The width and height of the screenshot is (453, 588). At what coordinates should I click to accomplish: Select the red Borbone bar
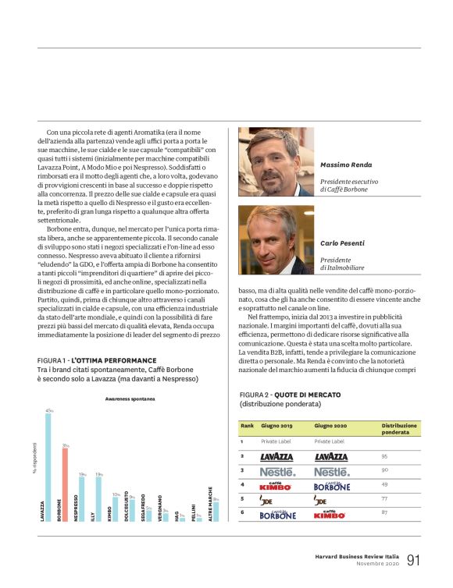coord(66,484)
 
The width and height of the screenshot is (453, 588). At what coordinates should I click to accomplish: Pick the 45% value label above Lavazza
coord(48,410)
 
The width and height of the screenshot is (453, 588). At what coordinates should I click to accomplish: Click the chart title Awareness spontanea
coord(130,398)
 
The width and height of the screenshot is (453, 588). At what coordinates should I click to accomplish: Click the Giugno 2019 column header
coord(276,427)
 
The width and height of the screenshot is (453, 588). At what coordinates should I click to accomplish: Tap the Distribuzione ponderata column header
coord(399,429)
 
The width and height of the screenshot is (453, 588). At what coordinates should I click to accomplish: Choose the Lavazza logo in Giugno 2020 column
coord(331,457)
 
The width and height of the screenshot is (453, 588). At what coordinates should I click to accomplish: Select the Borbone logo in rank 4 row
coord(331,486)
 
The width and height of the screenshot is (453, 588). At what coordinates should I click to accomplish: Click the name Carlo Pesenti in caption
coord(341,244)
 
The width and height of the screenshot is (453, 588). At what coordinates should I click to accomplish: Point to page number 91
coord(413,560)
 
